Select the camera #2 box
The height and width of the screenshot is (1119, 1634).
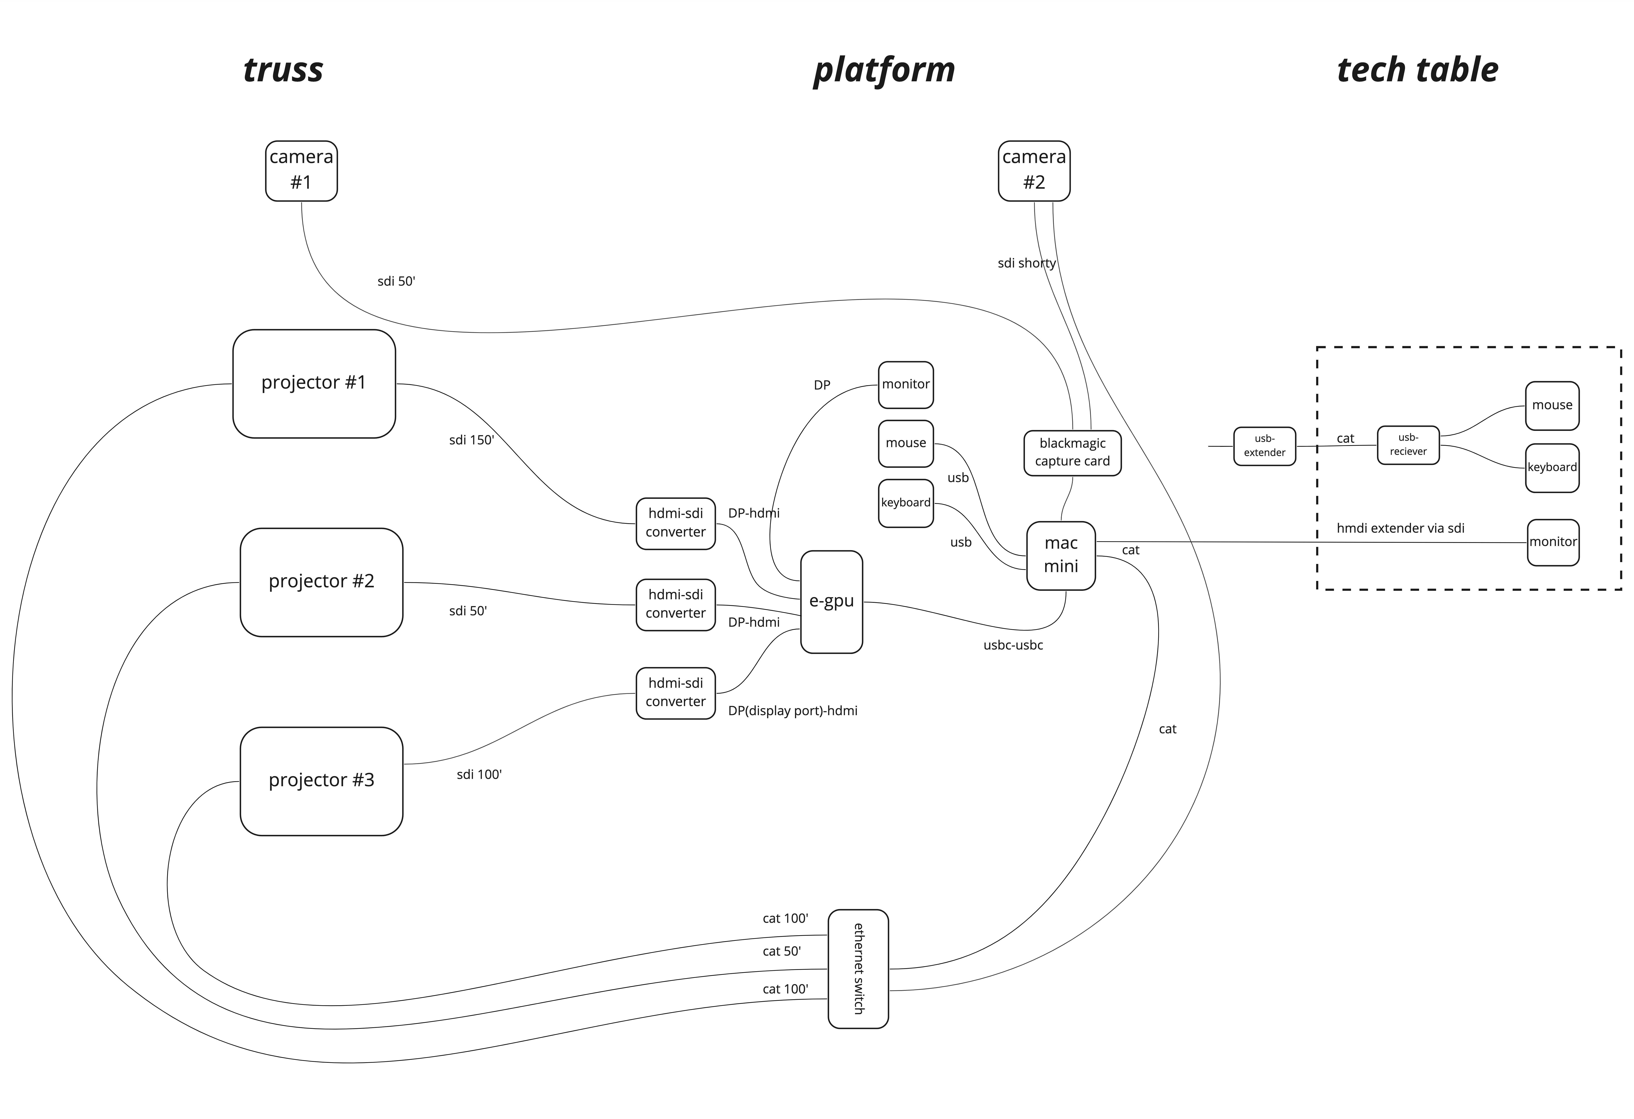click(1034, 171)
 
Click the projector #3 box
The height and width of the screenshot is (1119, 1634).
click(321, 781)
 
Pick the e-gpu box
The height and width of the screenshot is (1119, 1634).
click(832, 602)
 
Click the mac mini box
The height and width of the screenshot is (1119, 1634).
click(1061, 555)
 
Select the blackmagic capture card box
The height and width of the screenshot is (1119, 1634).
click(1072, 453)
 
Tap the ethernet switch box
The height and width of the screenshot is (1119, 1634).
click(859, 969)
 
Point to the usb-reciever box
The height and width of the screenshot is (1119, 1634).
click(1408, 445)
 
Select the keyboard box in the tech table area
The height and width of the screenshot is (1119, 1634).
click(1552, 467)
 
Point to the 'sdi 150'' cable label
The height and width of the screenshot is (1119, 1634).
click(472, 440)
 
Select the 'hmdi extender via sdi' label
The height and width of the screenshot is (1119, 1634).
click(1401, 528)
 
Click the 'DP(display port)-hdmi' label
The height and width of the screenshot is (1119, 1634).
click(792, 711)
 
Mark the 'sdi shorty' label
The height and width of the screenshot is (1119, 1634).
click(1026, 263)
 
